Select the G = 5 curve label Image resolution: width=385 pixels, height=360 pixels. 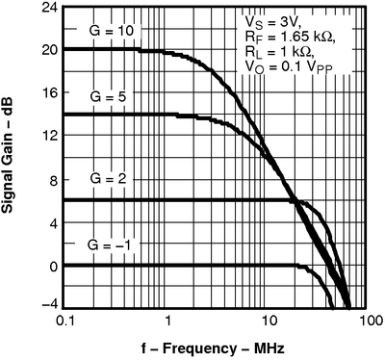point(111,97)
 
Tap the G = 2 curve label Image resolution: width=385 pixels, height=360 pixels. point(111,179)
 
